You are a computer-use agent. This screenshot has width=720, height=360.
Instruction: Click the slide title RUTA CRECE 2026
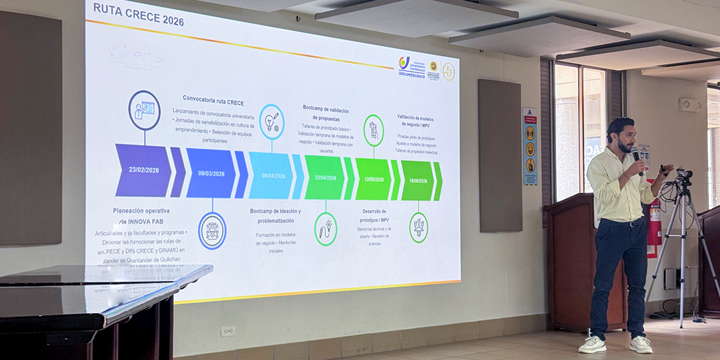click(x=138, y=15)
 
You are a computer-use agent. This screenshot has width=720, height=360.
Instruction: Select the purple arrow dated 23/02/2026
click(x=143, y=170)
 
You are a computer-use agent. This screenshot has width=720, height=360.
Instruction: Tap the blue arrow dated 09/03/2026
click(x=211, y=173)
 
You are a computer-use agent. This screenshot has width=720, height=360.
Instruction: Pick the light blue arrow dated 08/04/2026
click(x=271, y=175)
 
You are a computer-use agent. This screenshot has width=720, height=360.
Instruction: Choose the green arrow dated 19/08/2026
click(x=417, y=181)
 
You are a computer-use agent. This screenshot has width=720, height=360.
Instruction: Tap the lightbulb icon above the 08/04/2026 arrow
click(x=271, y=122)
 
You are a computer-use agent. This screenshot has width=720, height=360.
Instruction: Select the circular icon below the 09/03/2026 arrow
click(x=212, y=231)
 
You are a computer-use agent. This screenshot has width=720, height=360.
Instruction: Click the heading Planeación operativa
click(x=141, y=211)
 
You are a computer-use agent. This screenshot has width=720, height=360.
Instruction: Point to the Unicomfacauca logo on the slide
click(x=411, y=66)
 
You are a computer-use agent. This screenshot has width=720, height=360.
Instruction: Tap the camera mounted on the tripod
click(x=684, y=174)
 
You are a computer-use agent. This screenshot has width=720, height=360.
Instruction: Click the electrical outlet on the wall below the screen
click(x=227, y=331)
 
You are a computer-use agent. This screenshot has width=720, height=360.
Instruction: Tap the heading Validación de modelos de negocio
click(x=415, y=122)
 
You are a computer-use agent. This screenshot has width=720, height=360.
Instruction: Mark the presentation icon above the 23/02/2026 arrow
click(x=145, y=110)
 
